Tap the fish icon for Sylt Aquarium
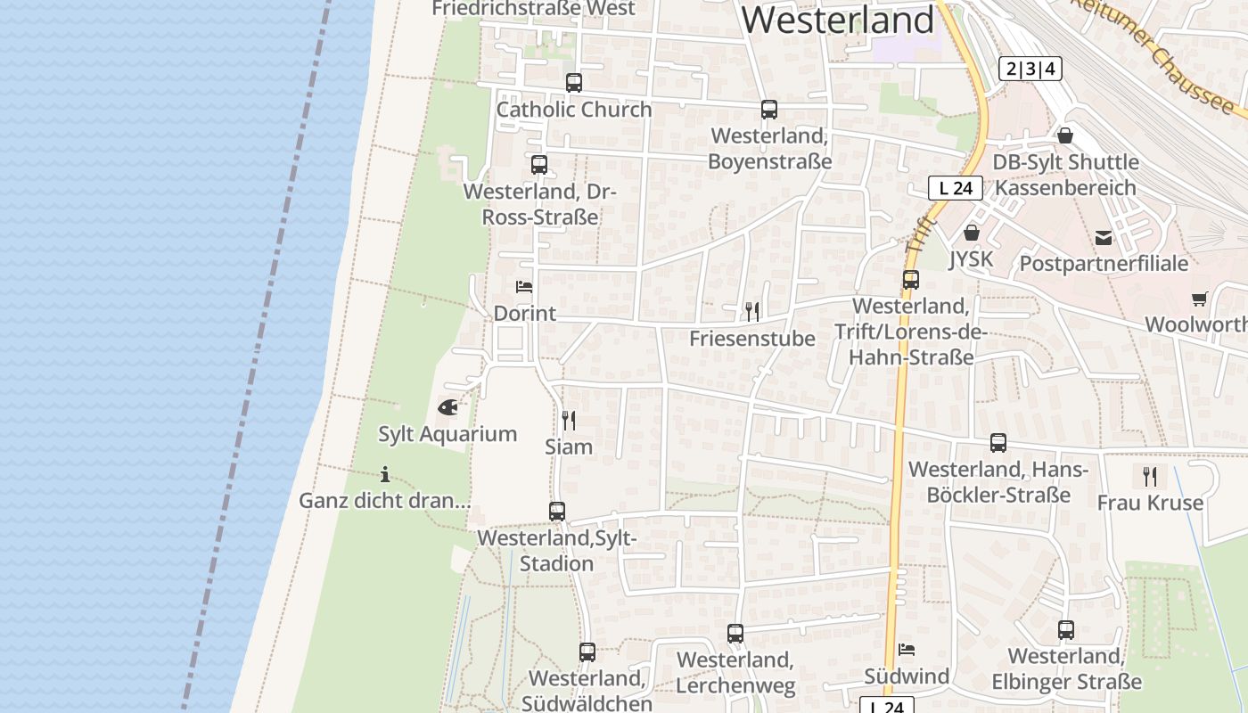pos(447,407)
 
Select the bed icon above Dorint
pos(524,287)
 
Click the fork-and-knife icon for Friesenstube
pos(752,311)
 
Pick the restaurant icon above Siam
pos(568,420)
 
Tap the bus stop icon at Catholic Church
pos(574,83)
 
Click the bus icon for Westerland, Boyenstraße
pos(769,110)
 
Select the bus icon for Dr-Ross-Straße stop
pos(539,165)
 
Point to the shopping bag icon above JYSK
pos(971,233)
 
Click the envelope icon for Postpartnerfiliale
pos(1104,237)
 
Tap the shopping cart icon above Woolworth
pos(1199,299)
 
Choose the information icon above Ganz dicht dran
pos(384,474)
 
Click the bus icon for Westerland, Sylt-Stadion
pos(557,512)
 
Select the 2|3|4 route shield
pos(1030,69)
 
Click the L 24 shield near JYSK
pos(955,188)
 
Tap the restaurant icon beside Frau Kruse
pos(1150,476)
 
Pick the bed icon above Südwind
pos(907,650)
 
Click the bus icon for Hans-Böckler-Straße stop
pos(998,443)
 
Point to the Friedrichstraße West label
pos(533,9)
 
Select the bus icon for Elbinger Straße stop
pos(1066,630)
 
